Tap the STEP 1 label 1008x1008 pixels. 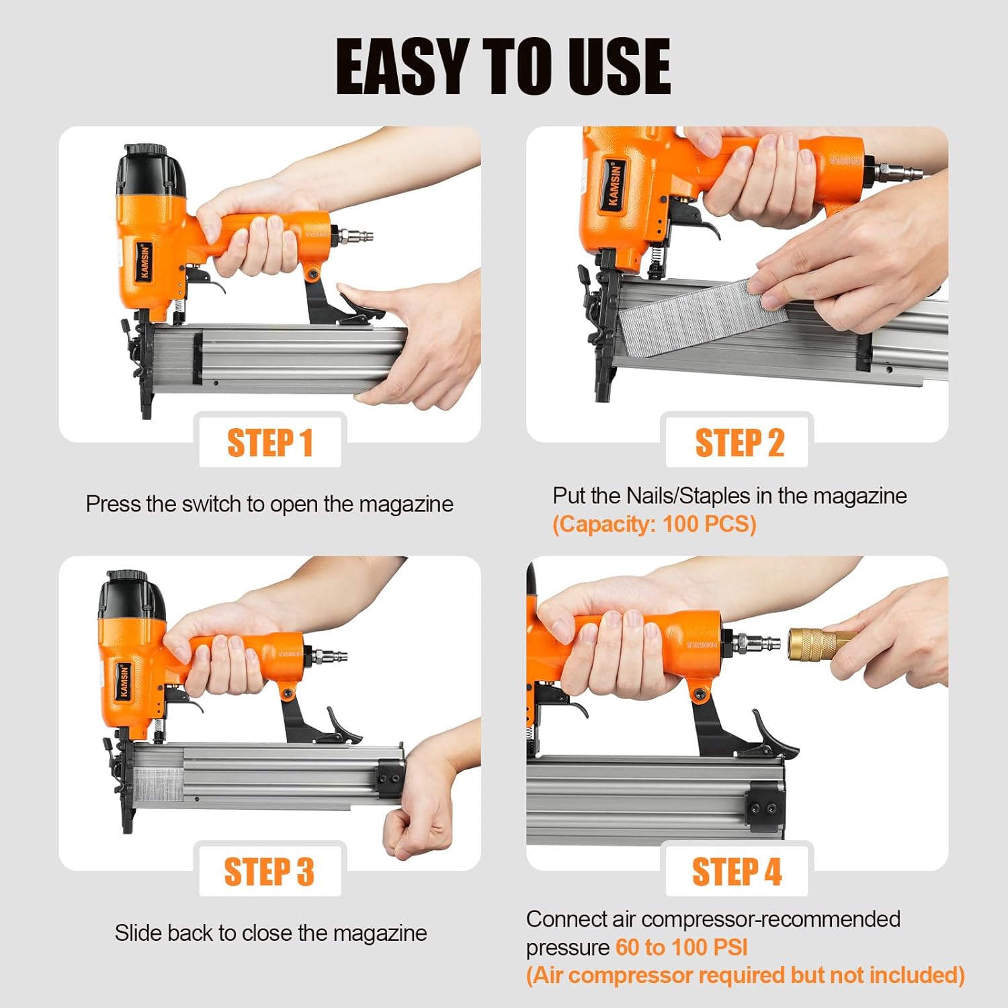coord(270,444)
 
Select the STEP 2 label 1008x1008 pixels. coord(739,444)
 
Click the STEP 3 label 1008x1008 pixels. coord(269,872)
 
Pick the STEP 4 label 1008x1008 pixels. coord(737,872)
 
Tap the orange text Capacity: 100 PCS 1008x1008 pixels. coord(654,524)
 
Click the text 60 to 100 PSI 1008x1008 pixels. coord(681,948)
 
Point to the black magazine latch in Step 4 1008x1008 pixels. coord(773,736)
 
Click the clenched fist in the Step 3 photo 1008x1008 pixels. coord(411,830)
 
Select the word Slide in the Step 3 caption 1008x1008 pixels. coord(138,933)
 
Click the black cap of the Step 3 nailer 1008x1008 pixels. coord(131,598)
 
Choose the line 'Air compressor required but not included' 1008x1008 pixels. coord(745,976)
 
